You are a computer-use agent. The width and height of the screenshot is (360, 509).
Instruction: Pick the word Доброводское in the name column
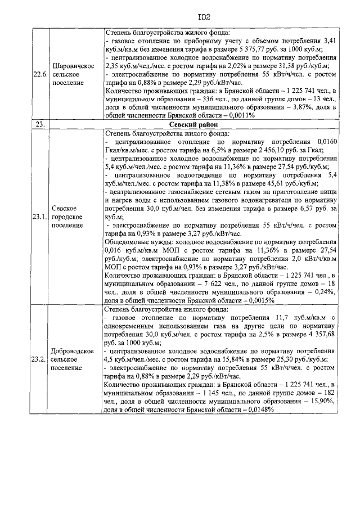pyautogui.click(x=72, y=350)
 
